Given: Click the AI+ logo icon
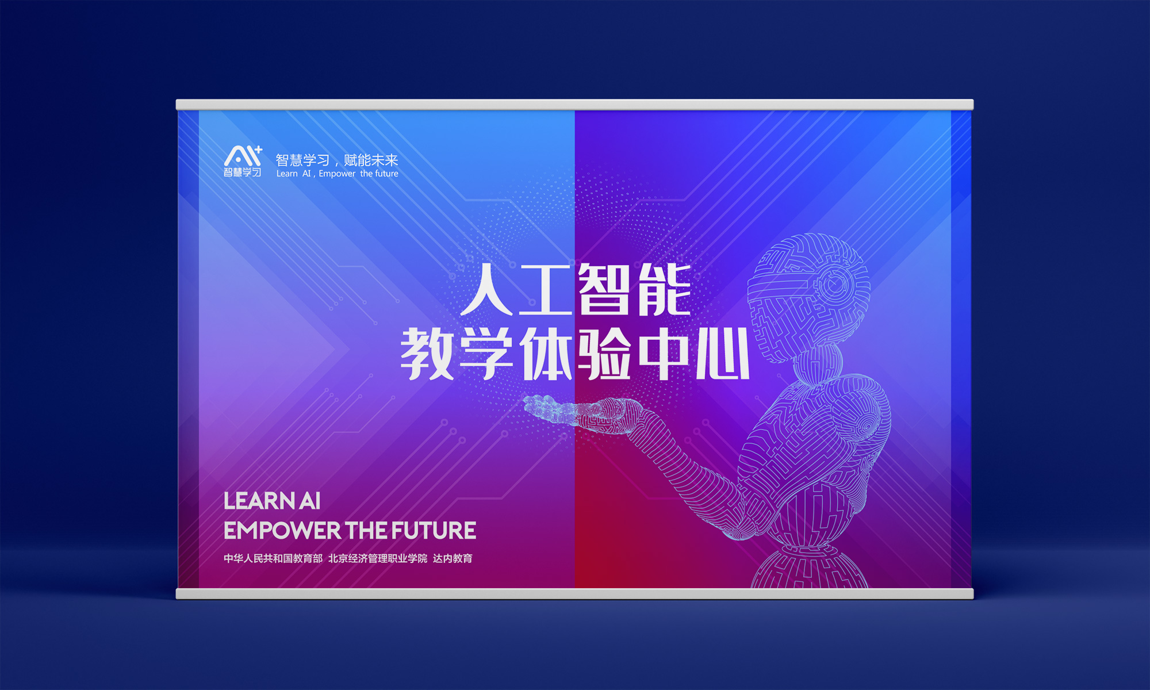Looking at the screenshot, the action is tap(243, 161).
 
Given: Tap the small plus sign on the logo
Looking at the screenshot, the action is tap(258, 149).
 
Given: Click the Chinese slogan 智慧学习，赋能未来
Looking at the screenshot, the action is tap(337, 160).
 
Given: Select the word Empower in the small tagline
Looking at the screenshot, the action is tap(337, 174).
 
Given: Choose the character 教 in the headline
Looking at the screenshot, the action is tap(427, 354).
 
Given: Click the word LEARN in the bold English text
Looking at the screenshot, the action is tap(259, 501).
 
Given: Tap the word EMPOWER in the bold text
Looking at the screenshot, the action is tap(282, 531).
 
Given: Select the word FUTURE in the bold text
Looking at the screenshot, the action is tap(435, 531).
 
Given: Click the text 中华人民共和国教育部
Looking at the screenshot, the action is tap(273, 558).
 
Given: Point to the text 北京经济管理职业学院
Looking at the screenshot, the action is tap(378, 558).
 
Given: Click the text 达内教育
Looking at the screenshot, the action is tap(453, 558).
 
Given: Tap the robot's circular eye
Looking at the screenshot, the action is tap(834, 284).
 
